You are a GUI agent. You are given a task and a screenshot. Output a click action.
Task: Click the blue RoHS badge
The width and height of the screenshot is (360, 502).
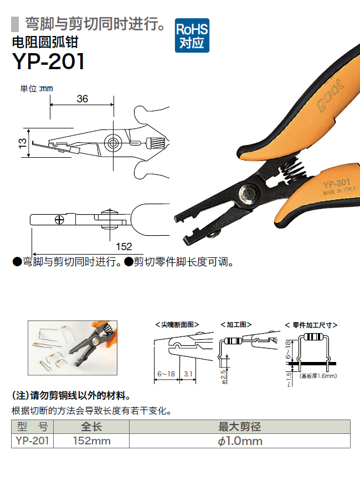(192, 35)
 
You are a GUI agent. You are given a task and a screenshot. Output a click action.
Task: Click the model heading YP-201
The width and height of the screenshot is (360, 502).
(48, 61)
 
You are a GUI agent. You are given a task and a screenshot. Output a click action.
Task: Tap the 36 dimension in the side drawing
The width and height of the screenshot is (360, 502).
(83, 99)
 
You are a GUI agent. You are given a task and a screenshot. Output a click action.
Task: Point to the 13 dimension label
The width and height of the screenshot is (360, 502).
(22, 143)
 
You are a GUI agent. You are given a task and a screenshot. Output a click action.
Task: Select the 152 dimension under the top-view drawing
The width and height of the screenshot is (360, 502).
(124, 246)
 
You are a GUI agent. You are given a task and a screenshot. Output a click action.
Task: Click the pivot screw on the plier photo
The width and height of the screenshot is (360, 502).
(248, 194)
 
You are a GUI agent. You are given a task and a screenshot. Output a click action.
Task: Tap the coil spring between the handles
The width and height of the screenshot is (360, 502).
(292, 170)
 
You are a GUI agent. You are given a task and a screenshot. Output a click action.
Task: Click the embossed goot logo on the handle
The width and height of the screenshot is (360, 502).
(330, 95)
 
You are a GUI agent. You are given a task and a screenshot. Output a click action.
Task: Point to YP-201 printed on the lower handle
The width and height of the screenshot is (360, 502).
(336, 184)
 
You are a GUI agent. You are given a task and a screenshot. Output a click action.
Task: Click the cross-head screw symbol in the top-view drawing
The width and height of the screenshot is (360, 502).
(60, 220)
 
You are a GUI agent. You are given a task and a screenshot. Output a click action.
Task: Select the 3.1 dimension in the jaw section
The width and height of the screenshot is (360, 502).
(188, 374)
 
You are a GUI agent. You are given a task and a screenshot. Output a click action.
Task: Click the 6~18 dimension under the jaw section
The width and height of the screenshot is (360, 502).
(166, 374)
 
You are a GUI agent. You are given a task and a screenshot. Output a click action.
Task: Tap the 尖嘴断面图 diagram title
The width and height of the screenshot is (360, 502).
(177, 325)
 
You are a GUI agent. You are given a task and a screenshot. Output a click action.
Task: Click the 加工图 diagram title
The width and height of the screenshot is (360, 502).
(236, 325)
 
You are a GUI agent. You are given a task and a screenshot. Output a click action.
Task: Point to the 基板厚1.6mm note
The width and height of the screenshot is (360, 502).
(318, 376)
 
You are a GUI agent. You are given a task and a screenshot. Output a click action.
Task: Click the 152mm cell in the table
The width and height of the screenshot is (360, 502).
(91, 441)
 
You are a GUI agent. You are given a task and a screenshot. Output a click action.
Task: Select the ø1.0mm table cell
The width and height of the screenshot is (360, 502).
(240, 441)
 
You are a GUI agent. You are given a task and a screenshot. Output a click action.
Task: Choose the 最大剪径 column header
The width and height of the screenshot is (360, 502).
(240, 427)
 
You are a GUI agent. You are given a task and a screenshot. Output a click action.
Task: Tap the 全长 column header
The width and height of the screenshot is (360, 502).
(91, 427)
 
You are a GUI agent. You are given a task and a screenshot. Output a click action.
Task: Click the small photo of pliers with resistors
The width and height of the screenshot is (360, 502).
(73, 348)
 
